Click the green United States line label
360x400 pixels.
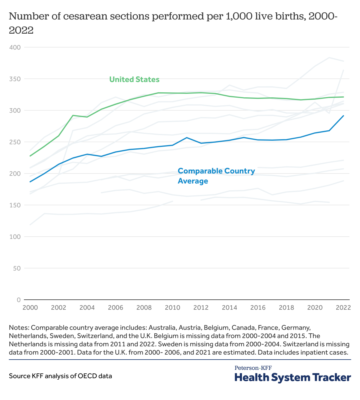134,79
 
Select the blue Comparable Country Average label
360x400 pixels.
216,176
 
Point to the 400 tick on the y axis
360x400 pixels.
15,47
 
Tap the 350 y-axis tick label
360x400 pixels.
15,79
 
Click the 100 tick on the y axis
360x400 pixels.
15,237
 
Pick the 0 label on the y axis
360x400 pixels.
19,300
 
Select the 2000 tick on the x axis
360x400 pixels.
30,307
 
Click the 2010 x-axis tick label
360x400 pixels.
173,307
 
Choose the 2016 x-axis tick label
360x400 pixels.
258,307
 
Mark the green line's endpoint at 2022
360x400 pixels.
343,97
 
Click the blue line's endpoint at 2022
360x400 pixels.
343,116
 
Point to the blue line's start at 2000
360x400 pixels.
30,182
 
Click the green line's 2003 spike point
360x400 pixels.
73,115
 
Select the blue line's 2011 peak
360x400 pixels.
187,137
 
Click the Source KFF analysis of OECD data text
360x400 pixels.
60,376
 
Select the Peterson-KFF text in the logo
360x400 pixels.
253,368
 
